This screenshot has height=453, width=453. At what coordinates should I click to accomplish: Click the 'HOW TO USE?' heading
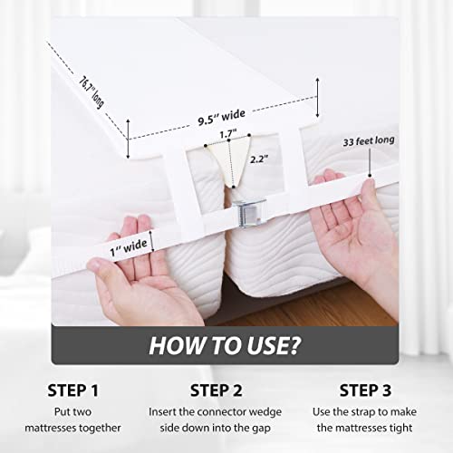pos(226,345)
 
